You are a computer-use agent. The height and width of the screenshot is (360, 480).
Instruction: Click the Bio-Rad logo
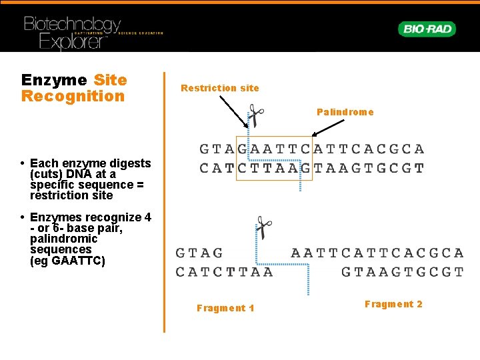coord(427,29)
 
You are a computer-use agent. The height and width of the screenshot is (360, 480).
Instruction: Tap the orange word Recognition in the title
coord(73,96)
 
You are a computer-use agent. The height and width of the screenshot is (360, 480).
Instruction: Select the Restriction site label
coord(219,88)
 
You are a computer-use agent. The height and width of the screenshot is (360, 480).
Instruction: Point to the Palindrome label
coord(345,112)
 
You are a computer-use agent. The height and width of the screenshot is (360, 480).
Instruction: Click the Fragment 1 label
coord(225,308)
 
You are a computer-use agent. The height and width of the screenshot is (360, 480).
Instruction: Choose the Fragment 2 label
coord(393,304)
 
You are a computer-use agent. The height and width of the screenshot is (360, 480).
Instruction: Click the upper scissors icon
coord(254,115)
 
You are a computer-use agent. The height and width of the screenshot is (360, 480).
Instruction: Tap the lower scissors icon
coord(263,229)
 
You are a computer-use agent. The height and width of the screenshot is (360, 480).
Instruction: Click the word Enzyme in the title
coord(54,80)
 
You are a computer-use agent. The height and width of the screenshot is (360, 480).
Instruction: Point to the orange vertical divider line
coord(164,200)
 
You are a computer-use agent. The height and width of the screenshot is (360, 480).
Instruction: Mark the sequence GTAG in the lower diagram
coord(199,253)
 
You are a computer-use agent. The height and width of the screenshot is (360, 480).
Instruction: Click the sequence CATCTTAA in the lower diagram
coord(224,272)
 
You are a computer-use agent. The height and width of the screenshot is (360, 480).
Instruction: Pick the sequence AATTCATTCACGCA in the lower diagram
coord(377,253)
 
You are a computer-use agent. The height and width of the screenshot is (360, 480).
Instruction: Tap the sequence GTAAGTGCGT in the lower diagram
coord(402,272)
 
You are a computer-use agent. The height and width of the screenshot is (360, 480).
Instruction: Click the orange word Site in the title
coord(110,80)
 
